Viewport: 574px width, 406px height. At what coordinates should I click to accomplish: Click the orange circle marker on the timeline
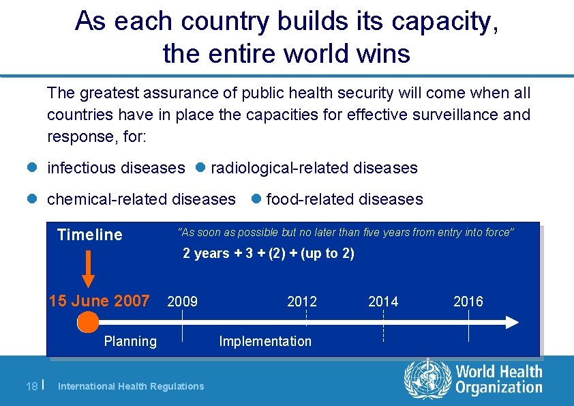tap(87, 321)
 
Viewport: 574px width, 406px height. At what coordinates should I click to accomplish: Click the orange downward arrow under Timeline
tap(89, 268)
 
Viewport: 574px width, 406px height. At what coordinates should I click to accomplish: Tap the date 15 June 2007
tap(100, 301)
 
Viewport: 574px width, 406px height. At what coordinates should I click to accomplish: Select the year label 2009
tap(183, 302)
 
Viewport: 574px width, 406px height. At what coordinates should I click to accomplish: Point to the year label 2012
tap(302, 302)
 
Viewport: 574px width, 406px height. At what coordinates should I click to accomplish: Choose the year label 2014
tap(383, 302)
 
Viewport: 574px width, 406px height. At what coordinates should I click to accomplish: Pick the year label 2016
tap(468, 302)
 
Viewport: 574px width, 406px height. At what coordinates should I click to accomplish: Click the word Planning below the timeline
tap(130, 341)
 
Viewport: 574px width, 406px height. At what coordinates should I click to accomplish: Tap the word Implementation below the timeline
tap(265, 341)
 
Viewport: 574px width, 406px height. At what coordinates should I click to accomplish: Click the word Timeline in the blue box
tap(90, 235)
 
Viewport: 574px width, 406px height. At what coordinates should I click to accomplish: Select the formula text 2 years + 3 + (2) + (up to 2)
tap(269, 254)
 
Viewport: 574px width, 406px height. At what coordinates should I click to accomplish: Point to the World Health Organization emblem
tap(427, 379)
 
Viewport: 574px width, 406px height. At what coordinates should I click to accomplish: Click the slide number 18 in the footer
tap(31, 386)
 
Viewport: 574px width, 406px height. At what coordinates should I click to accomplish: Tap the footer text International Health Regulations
tap(131, 386)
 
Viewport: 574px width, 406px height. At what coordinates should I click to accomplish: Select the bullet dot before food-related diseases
tap(256, 199)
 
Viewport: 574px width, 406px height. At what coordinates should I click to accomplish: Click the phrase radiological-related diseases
tap(314, 168)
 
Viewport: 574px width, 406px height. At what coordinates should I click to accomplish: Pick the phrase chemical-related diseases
tap(141, 199)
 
